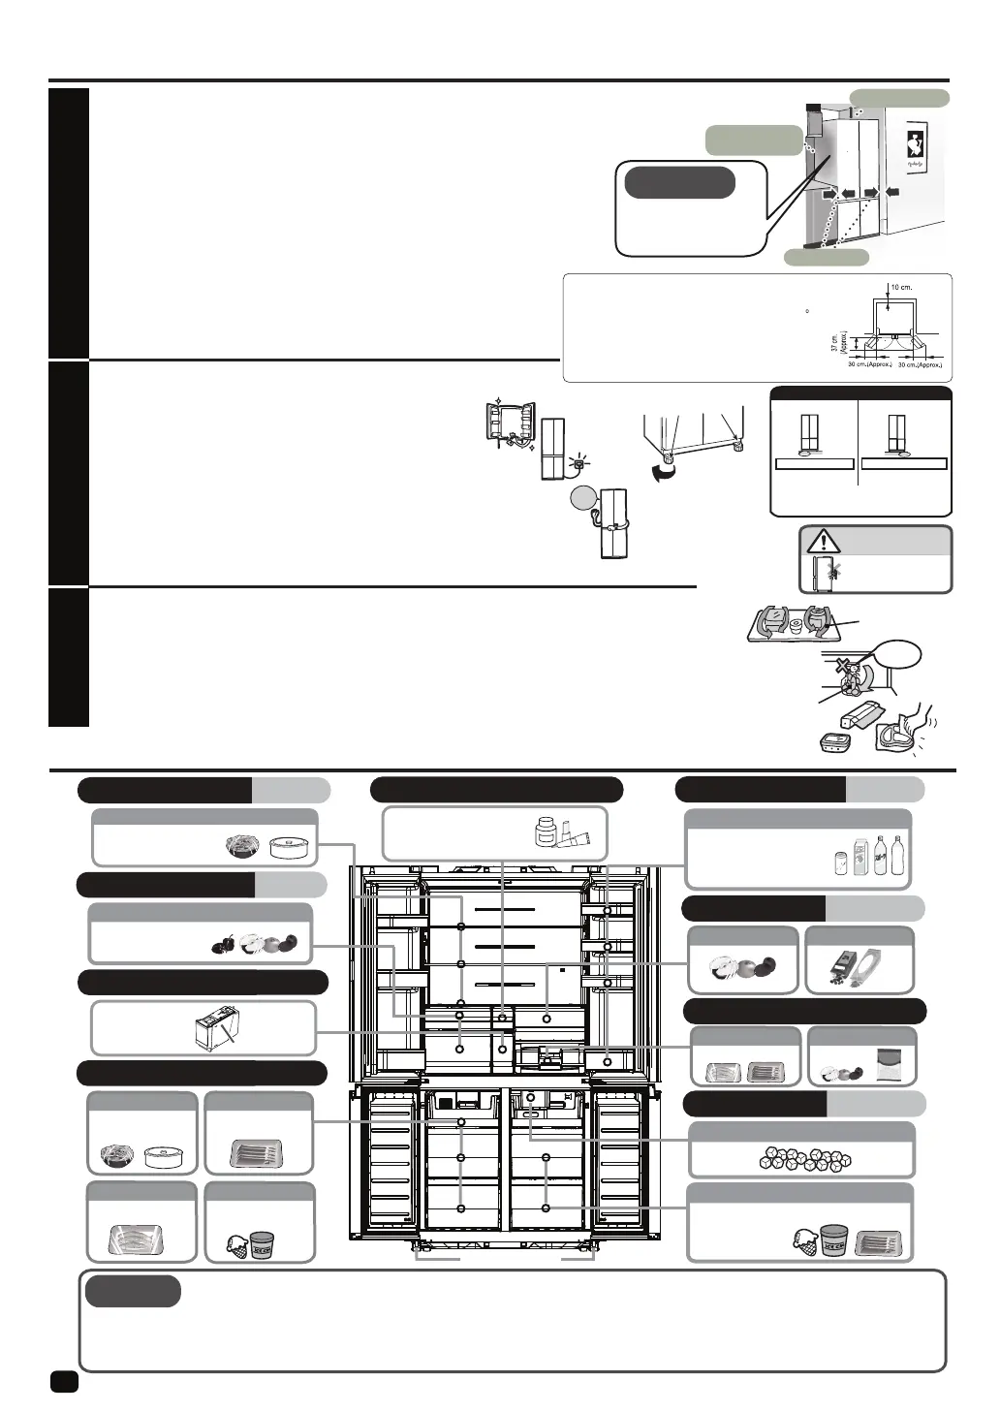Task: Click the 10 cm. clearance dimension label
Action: click(x=900, y=288)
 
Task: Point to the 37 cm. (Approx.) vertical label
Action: click(x=835, y=343)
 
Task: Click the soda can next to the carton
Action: click(x=840, y=863)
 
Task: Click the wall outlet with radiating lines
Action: click(x=578, y=463)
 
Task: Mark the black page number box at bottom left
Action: click(x=64, y=1381)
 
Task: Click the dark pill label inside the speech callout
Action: click(x=679, y=182)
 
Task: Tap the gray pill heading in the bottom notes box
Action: click(x=133, y=1291)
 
